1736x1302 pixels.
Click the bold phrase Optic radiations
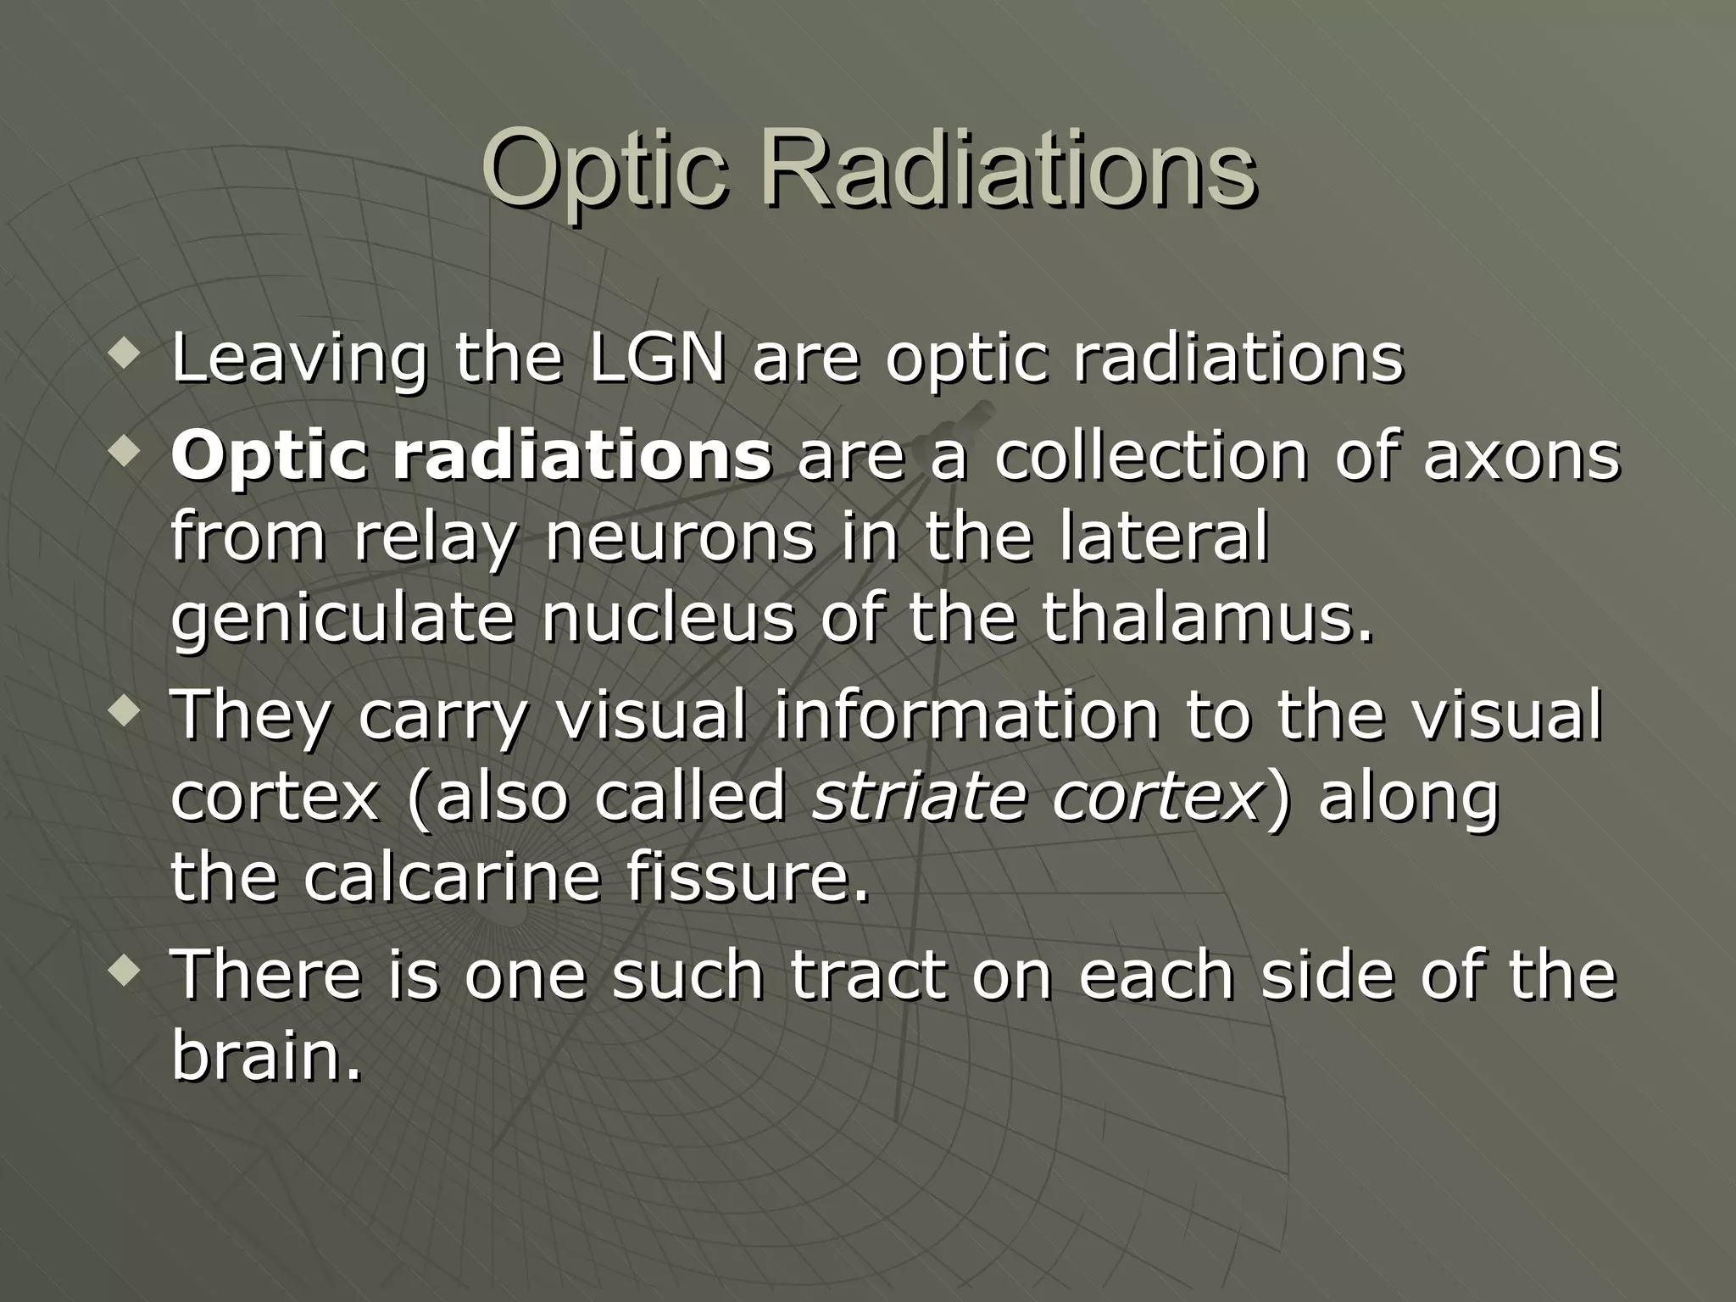coord(471,458)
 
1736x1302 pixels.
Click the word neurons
coord(679,537)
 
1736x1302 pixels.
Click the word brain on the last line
coord(265,1055)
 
